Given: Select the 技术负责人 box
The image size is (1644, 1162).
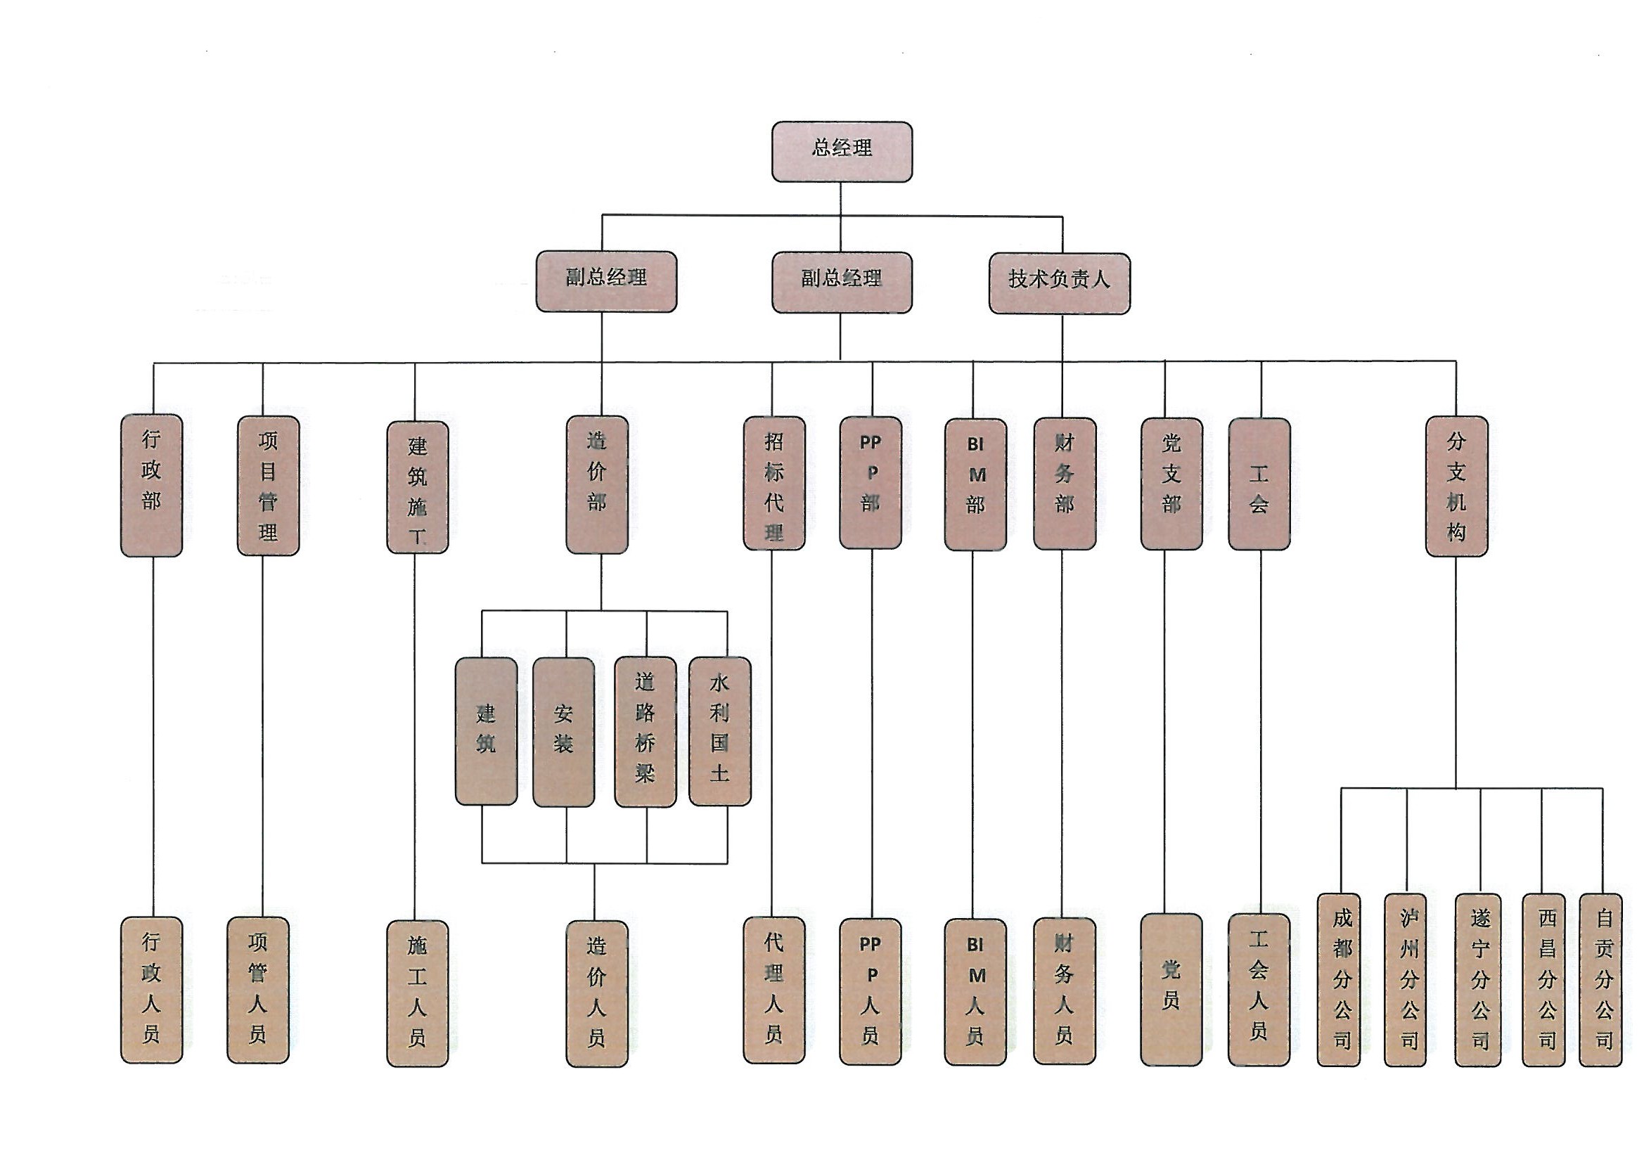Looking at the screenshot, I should point(1059,283).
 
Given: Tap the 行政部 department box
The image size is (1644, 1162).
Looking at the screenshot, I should point(151,485).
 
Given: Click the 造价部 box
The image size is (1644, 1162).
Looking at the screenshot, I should point(596,485).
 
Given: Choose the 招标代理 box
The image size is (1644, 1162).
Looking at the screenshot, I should point(773,483).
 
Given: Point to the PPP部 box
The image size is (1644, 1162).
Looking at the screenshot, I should point(870,483).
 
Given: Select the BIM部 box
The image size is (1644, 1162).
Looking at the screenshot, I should point(975,485).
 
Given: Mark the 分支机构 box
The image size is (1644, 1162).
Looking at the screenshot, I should point(1456,486).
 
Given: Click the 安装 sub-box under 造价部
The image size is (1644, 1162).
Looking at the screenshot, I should point(563,732).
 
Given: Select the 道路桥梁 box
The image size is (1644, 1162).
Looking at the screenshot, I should point(644,732).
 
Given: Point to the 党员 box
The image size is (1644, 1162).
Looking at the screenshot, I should point(1171,988).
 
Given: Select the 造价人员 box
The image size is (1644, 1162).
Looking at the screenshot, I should point(596,993).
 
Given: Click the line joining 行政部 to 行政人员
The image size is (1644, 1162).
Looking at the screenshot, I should point(153,737).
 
